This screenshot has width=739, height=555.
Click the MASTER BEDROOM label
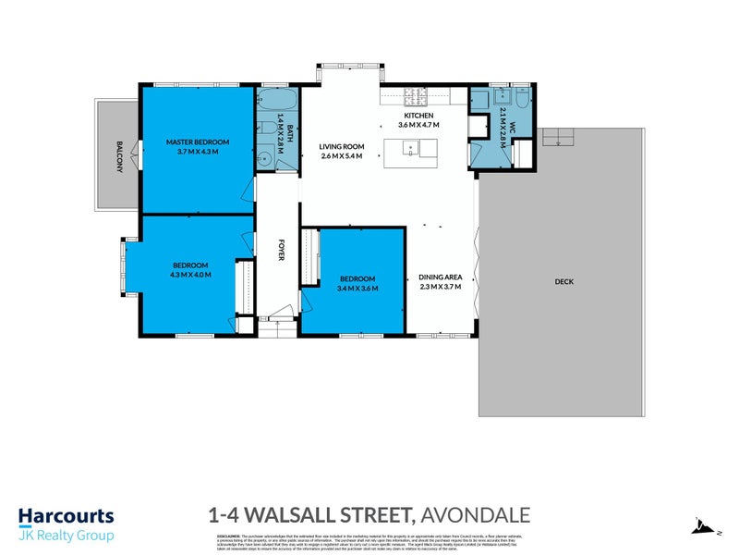click(x=198, y=142)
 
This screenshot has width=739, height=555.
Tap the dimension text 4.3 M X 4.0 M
click(x=190, y=275)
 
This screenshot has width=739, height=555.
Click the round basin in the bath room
click(x=265, y=157)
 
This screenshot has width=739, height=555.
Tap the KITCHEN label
click(x=418, y=115)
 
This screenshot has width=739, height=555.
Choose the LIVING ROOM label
click(x=342, y=146)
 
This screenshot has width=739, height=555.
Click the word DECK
click(x=564, y=281)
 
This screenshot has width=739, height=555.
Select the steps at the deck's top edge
click(x=559, y=137)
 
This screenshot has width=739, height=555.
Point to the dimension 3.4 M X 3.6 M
click(x=357, y=288)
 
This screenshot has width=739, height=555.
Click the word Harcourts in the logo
click(x=67, y=516)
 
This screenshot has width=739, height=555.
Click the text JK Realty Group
click(x=67, y=536)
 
